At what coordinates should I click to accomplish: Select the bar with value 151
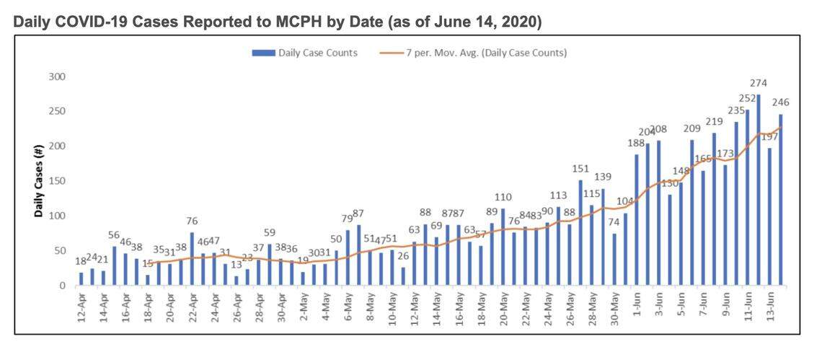point(580,232)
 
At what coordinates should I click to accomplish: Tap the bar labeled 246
point(780,200)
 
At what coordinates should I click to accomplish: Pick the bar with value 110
point(503,247)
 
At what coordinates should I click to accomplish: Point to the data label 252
point(747,98)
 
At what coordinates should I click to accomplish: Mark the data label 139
point(603,177)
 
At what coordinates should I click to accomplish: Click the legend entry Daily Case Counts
point(304,53)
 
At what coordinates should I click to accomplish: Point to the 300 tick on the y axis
point(57,76)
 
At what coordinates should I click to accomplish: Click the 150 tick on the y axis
point(57,181)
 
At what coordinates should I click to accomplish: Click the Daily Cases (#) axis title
point(40,180)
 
